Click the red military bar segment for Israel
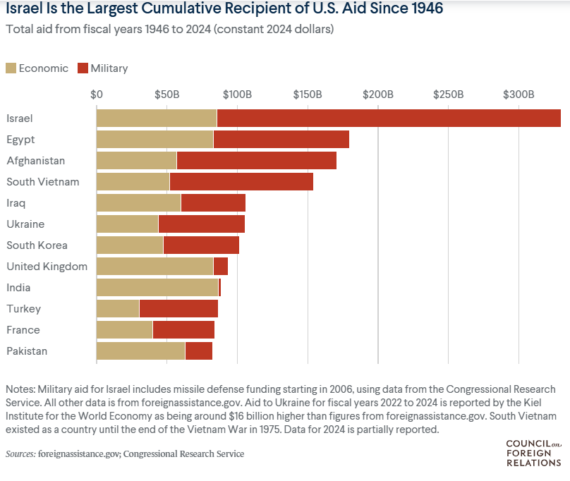(389, 118)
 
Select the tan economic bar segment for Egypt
(154, 140)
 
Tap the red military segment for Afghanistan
(256, 161)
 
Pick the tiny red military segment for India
(219, 288)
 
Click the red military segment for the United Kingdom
(220, 267)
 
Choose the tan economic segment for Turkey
(118, 309)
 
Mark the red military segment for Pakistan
(198, 351)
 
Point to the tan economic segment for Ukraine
(127, 224)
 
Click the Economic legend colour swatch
(11, 68)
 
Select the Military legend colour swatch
(83, 68)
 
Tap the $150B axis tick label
(308, 95)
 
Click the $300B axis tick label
(519, 95)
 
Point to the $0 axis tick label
(97, 95)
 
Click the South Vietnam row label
(43, 182)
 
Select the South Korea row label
(37, 245)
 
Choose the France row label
(23, 330)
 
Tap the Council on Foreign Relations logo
(534, 453)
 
